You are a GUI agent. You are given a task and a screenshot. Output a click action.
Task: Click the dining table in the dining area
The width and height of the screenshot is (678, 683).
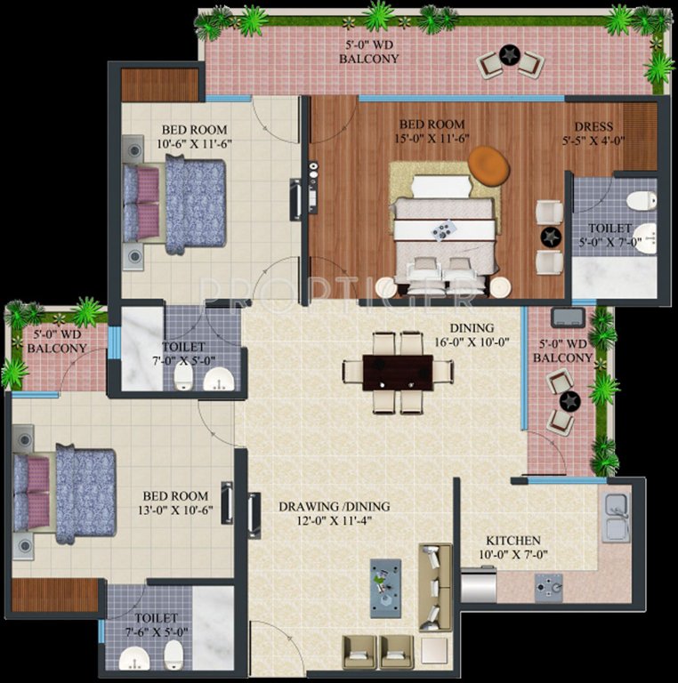(398, 373)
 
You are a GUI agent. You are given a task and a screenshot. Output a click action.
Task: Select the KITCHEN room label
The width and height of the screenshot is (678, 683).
(513, 541)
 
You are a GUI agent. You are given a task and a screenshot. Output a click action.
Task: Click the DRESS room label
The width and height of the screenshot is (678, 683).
(593, 126)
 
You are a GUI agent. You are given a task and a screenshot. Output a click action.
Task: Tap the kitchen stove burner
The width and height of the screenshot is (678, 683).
(548, 584)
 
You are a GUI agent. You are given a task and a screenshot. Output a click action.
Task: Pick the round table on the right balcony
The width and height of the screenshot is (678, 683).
(569, 401)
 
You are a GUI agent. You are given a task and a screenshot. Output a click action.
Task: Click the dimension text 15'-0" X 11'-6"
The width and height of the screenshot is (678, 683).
(433, 139)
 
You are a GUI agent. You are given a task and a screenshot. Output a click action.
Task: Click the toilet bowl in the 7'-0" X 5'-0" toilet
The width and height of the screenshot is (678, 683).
(182, 378)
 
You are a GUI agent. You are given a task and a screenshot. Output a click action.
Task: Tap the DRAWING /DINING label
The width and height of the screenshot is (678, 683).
(334, 507)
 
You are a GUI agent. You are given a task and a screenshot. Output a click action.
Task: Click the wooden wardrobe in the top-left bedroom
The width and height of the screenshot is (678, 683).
(159, 85)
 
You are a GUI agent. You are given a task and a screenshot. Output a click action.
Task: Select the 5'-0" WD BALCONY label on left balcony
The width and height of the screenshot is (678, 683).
(57, 341)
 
